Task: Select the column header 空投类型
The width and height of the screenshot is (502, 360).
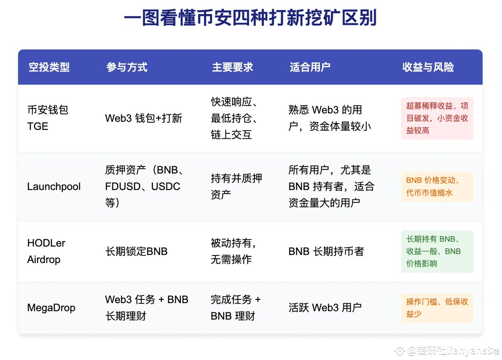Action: click(x=49, y=67)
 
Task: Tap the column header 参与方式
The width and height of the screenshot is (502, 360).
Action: click(x=127, y=67)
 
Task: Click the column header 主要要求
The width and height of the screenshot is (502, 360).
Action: click(x=232, y=67)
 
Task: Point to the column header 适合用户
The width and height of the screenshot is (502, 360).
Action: click(x=310, y=67)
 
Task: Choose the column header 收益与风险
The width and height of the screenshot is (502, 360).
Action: click(x=428, y=67)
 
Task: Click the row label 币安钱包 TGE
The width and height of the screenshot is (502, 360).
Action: click(x=47, y=118)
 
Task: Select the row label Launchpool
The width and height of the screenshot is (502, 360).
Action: click(x=54, y=186)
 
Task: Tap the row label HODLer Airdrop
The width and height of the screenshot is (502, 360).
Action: click(x=46, y=251)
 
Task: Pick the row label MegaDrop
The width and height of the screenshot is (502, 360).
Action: click(x=51, y=308)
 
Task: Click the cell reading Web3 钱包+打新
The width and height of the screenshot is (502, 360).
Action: click(x=143, y=118)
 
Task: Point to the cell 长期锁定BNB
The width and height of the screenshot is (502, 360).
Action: click(x=136, y=251)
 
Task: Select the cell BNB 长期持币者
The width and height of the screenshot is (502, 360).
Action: click(x=326, y=251)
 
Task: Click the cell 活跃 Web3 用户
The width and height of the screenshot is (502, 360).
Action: click(x=325, y=308)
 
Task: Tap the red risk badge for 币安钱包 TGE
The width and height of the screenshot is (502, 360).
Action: click(x=437, y=118)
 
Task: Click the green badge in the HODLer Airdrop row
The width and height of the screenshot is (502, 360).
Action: click(x=437, y=251)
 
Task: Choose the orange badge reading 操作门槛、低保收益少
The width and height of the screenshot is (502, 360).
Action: click(x=437, y=308)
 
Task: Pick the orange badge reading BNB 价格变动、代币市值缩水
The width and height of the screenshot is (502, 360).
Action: click(x=437, y=186)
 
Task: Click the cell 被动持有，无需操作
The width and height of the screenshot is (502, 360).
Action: click(x=233, y=251)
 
